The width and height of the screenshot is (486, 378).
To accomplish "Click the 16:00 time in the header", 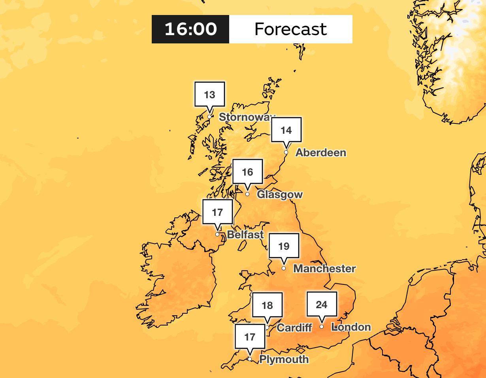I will [190, 29].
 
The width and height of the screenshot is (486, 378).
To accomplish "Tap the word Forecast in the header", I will [290, 29].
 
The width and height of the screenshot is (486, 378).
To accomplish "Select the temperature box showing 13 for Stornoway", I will [210, 95].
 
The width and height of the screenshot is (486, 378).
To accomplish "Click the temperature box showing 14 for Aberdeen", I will [286, 130].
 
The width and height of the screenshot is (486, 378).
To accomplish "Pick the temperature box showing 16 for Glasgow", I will [248, 172].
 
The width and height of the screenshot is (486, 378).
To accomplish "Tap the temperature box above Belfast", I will [217, 213].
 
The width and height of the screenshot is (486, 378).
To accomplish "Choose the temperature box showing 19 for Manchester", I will [284, 247].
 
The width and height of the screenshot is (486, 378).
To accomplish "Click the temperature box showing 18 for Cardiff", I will [267, 305].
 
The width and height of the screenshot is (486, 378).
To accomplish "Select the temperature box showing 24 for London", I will [322, 305].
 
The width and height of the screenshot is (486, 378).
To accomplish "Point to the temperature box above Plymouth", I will [250, 337].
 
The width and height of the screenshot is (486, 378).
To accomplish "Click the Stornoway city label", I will [246, 117].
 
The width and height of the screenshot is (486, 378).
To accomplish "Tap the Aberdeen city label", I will [321, 153].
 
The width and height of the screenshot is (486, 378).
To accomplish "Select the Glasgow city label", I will [280, 195].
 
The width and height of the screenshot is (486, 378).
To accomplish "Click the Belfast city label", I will [245, 235].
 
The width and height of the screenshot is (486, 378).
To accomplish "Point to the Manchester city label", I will [324, 269].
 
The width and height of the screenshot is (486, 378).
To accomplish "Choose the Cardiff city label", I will [294, 327].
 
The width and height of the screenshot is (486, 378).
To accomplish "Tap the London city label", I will [351, 327].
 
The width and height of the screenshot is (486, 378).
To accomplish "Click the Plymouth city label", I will [284, 359].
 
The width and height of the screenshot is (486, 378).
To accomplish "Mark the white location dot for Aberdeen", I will [286, 152].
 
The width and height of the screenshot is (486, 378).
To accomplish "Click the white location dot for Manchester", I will [284, 268].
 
